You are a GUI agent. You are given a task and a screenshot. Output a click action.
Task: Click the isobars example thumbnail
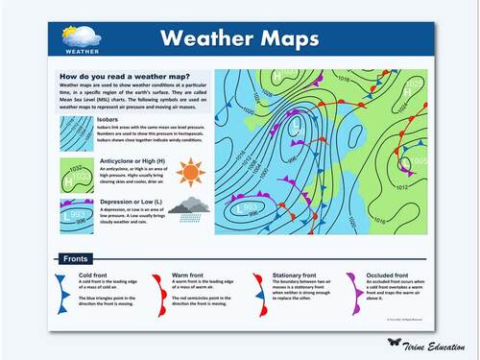coord(76,132)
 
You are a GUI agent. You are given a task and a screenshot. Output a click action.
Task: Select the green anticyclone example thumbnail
coord(76,173)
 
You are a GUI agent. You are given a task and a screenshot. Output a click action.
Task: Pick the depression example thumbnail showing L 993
coord(76,215)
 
